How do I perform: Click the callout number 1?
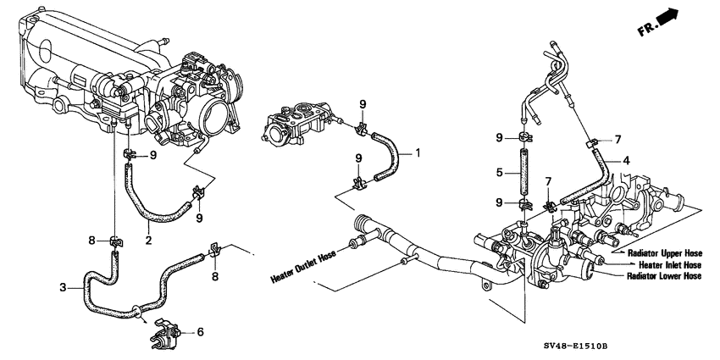(x=418, y=153)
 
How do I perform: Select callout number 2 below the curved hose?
(x=149, y=239)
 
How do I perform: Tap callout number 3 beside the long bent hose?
(x=64, y=288)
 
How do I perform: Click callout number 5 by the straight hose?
(x=501, y=173)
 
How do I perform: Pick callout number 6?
(x=200, y=331)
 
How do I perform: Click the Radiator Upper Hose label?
(x=665, y=253)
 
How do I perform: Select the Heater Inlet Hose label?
(x=670, y=265)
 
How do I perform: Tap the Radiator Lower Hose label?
(x=664, y=276)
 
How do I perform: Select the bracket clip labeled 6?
(x=164, y=331)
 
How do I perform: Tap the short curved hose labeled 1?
(x=388, y=156)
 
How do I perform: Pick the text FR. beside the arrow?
(x=646, y=29)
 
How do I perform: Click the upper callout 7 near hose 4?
(x=618, y=138)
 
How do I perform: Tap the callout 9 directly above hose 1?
(x=363, y=104)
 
